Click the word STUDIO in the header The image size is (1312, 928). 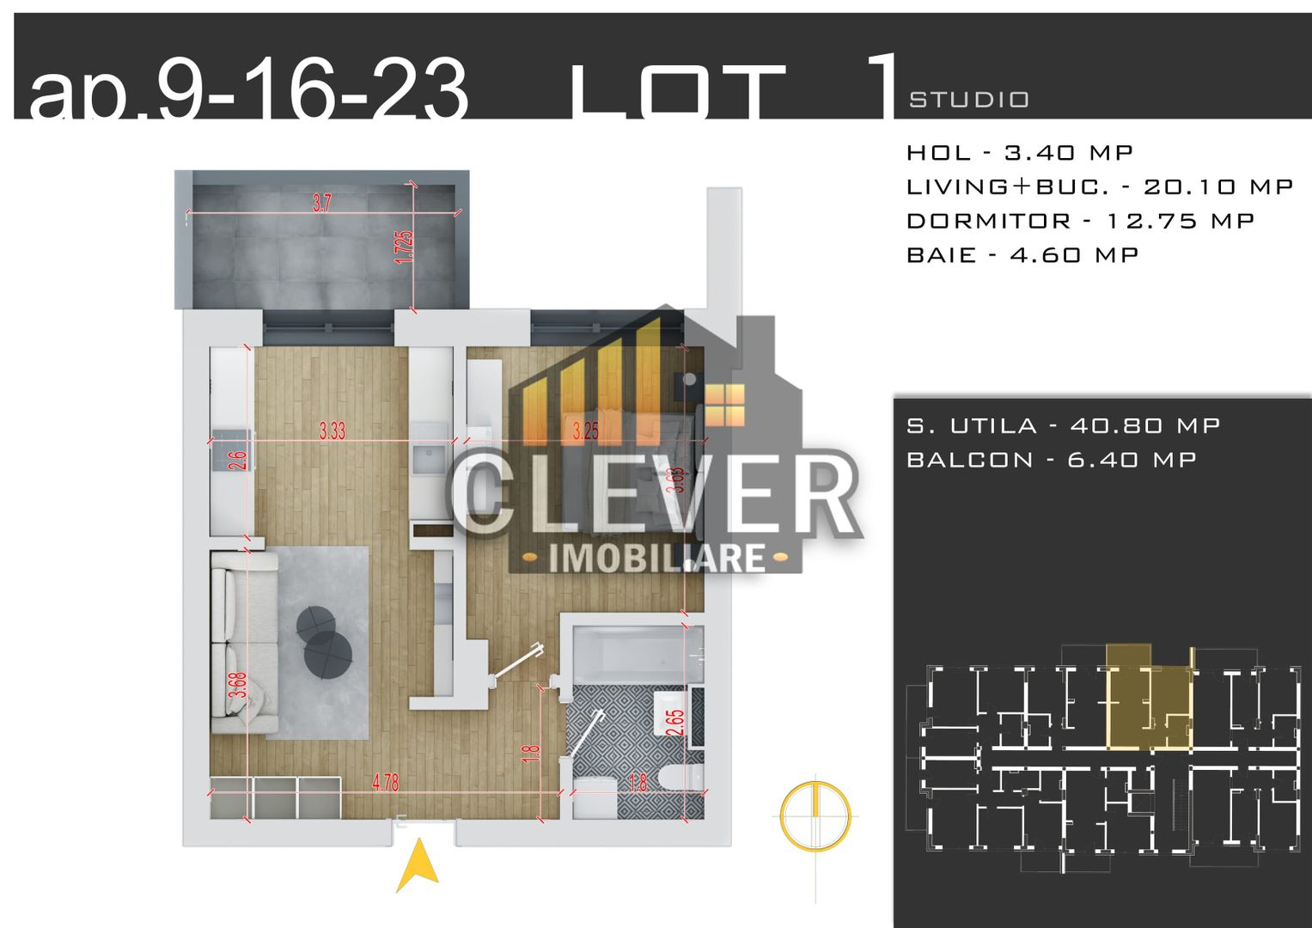(968, 101)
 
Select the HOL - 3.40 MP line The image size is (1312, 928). (1020, 153)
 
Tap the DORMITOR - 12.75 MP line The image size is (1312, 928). (1080, 221)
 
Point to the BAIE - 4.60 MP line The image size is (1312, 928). (1022, 255)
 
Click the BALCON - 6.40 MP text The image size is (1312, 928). (1051, 460)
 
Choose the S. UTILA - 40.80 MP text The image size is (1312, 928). (1063, 425)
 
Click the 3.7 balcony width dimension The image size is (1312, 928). (321, 204)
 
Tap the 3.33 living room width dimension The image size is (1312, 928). (332, 430)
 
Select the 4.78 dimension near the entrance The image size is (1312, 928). (385, 783)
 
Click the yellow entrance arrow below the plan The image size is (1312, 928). (418, 865)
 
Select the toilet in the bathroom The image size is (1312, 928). (683, 778)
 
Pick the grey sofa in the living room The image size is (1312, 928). (244, 643)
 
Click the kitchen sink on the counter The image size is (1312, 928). (427, 461)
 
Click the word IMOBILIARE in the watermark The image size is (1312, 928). (656, 559)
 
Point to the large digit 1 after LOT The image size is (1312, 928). (884, 86)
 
